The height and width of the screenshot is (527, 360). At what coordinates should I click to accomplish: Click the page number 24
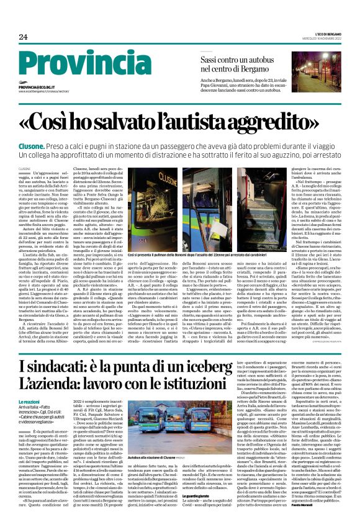click(x=23, y=37)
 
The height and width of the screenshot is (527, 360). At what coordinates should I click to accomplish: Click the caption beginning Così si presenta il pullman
click(x=198, y=254)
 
